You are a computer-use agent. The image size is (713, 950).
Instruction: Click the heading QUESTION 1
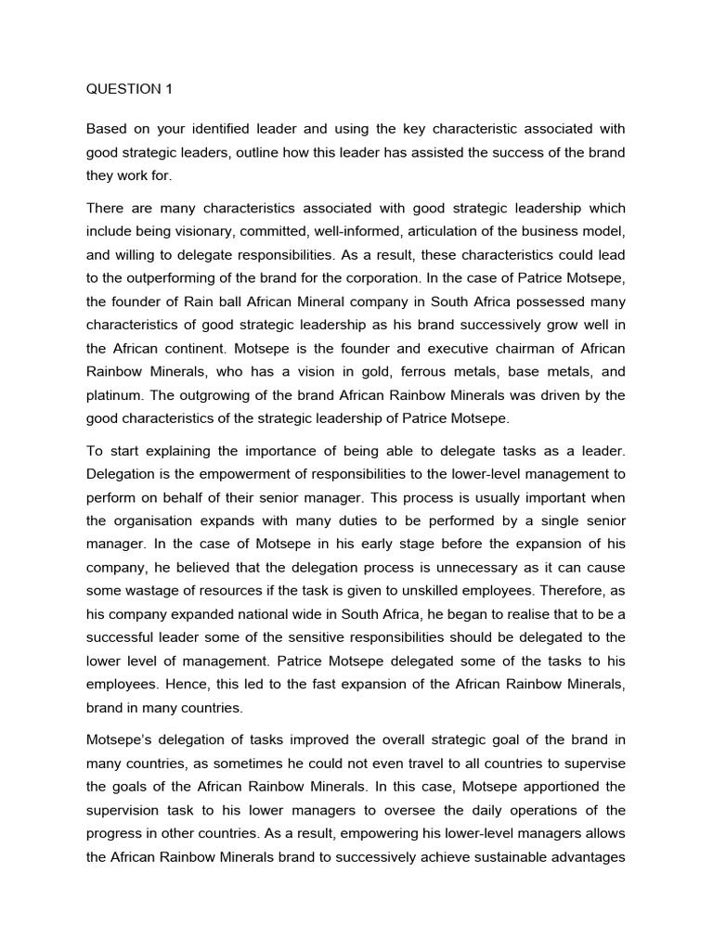pos(129,89)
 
